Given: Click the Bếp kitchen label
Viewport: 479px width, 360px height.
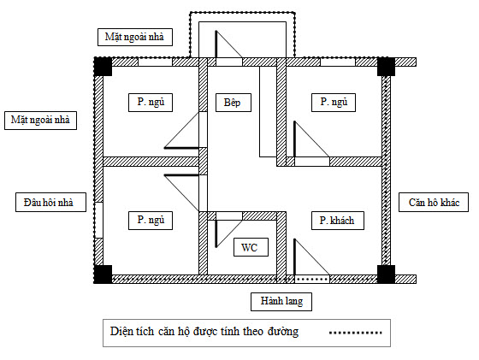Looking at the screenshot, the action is click(x=233, y=103).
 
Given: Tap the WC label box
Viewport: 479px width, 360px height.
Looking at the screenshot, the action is click(x=251, y=247).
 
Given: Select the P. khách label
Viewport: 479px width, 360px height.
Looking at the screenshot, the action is click(x=338, y=220).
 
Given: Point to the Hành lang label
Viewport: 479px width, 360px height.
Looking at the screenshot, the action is click(x=281, y=301).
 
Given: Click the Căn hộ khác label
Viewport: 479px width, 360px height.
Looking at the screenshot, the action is click(x=434, y=202).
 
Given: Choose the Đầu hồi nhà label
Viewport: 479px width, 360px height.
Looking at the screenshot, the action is click(x=50, y=202).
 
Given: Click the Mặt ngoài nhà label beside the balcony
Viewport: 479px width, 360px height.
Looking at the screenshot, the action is click(x=135, y=37).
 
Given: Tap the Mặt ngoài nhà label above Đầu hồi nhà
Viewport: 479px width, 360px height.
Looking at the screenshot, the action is click(x=41, y=121).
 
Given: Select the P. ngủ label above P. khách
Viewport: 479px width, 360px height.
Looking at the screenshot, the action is click(x=334, y=103).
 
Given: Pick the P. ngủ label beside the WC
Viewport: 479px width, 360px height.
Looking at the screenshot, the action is click(x=151, y=220).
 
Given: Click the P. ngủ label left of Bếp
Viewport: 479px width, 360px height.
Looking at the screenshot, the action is click(x=151, y=103).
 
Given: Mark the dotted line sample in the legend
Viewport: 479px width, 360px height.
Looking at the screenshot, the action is click(x=356, y=333).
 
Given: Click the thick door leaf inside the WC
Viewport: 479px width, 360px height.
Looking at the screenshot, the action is click(x=216, y=233).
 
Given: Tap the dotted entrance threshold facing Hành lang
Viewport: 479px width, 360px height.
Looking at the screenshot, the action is click(x=312, y=279).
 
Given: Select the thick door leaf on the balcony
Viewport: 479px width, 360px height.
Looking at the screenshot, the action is click(x=216, y=44).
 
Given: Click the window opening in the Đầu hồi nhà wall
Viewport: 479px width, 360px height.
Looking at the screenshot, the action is click(x=98, y=220).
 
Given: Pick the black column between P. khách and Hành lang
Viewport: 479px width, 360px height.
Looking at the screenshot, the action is click(x=386, y=274).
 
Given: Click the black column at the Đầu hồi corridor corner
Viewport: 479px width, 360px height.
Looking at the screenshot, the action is click(x=103, y=274).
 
